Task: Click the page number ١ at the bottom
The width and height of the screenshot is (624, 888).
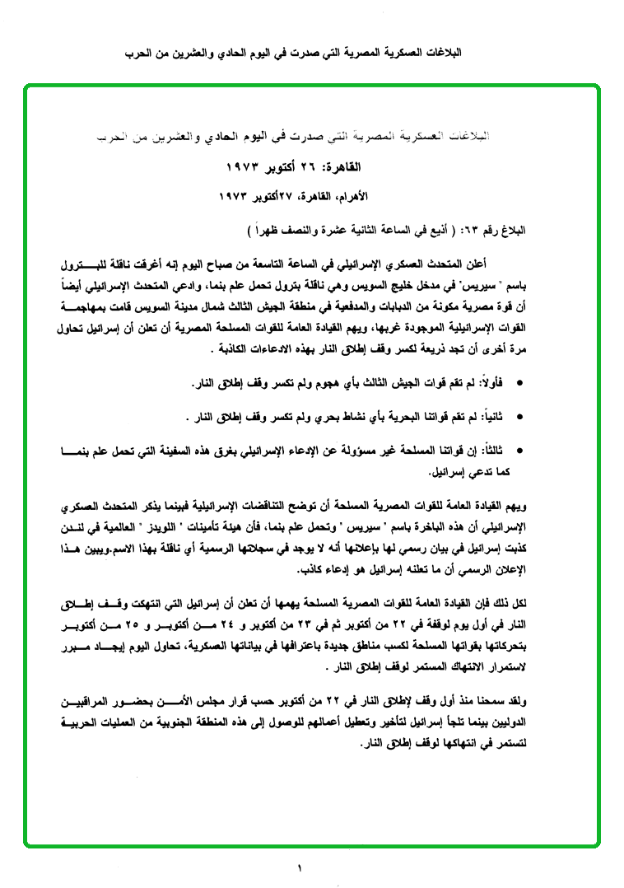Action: [x=300, y=867]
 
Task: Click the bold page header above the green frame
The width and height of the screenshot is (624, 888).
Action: [x=312, y=53]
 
